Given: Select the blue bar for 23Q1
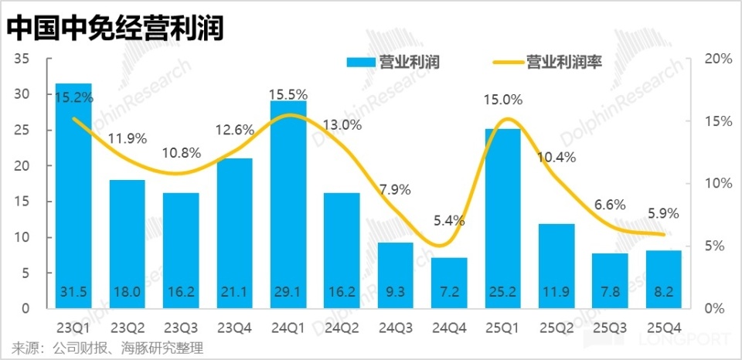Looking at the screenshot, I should [73, 193].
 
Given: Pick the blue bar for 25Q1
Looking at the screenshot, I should [502, 216].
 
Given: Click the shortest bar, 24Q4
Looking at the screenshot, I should [448, 282].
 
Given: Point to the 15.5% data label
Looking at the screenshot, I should [288, 94].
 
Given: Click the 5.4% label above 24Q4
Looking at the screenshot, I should [449, 221].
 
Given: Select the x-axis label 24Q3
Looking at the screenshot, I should [395, 327].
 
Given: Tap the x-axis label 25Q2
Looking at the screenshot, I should [555, 327].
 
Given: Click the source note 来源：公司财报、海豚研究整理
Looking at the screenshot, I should [108, 348].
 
